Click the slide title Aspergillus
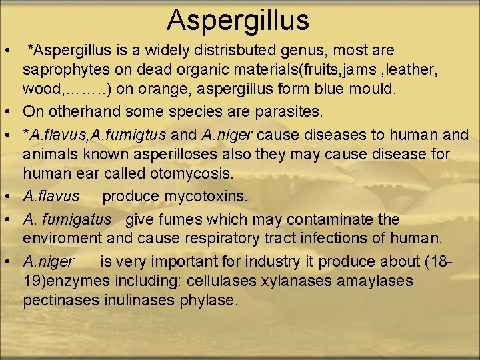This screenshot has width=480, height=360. tap(238, 20)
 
